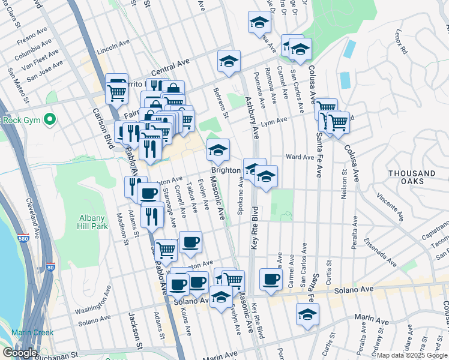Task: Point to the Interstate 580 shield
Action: (x=23, y=238)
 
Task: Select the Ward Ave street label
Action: (x=300, y=157)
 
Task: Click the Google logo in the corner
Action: (x=20, y=353)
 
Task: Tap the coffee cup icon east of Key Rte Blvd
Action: (x=271, y=280)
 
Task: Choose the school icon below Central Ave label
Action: (x=229, y=61)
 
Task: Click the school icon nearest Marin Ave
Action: (x=307, y=314)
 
